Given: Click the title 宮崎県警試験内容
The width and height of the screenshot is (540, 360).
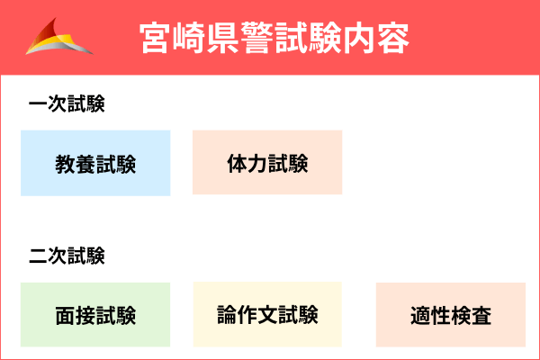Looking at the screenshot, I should pyautogui.click(x=274, y=38).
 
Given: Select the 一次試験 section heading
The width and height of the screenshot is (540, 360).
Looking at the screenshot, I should pyautogui.click(x=67, y=104).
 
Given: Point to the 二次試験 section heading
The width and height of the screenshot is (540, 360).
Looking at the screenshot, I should pyautogui.click(x=67, y=256).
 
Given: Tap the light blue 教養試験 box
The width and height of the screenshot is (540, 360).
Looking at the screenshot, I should pyautogui.click(x=95, y=163).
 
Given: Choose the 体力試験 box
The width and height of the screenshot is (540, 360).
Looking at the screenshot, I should pyautogui.click(x=267, y=163).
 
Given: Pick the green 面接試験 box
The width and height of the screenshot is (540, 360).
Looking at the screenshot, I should pyautogui.click(x=95, y=315).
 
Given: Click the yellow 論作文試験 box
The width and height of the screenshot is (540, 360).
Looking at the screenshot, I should pyautogui.click(x=267, y=315).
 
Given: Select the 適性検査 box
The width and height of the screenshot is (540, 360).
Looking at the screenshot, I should pyautogui.click(x=450, y=315).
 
